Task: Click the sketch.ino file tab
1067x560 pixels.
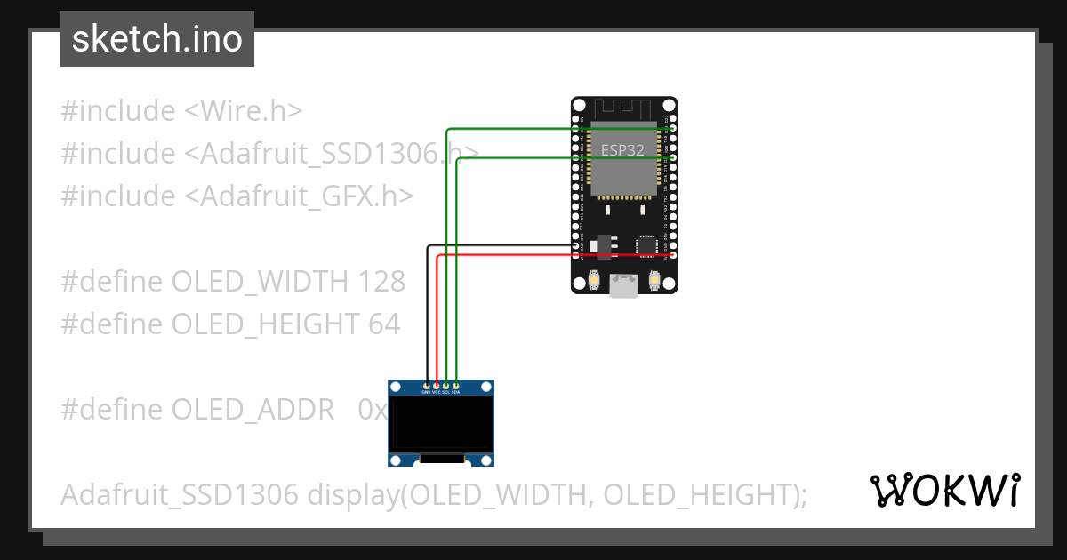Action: coord(157,39)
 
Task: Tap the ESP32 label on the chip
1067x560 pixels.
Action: coord(622,150)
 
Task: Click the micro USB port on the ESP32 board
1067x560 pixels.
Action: coord(623,285)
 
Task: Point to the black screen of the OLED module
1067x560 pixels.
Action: coord(441,423)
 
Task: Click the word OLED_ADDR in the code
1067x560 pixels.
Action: coord(253,410)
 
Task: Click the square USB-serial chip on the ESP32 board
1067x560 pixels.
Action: coord(647,244)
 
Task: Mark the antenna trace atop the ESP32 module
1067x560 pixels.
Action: coord(623,108)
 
